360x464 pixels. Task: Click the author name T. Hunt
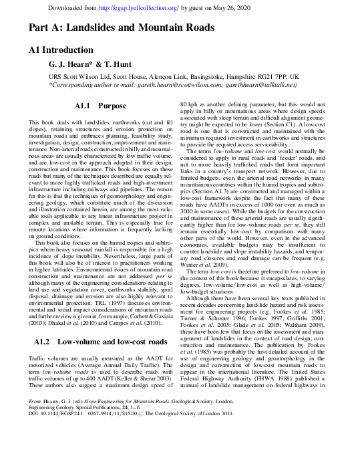tap(118, 65)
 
